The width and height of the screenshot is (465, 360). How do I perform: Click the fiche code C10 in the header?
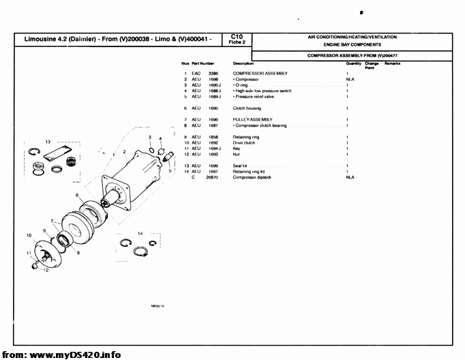pyautogui.click(x=237, y=35)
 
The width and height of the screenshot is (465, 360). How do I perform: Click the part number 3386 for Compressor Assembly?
pyautogui.click(x=213, y=73)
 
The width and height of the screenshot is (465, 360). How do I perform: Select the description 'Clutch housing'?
pyautogui.click(x=248, y=108)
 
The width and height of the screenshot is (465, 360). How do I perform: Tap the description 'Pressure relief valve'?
pyautogui.click(x=254, y=96)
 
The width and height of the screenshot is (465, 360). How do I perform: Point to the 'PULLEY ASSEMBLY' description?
pyautogui.click(x=252, y=120)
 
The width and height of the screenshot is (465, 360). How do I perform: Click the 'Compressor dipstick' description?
pyautogui.click(x=252, y=177)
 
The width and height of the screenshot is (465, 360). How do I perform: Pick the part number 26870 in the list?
pyautogui.click(x=213, y=177)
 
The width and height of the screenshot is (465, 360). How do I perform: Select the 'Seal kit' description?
pyautogui.click(x=240, y=166)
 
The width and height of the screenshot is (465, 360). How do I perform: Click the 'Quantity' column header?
pyautogui.click(x=353, y=63)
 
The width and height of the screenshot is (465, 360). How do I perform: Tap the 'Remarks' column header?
pyautogui.click(x=392, y=63)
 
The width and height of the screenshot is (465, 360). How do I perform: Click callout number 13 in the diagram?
pyautogui.click(x=48, y=141)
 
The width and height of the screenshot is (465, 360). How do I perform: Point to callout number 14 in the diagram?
pyautogui.click(x=140, y=233)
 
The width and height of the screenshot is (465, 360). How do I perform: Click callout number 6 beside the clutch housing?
pyautogui.click(x=78, y=196)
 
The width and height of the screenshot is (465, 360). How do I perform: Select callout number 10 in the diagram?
pyautogui.click(x=29, y=235)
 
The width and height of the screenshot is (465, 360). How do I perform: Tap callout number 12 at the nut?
pyautogui.click(x=45, y=270)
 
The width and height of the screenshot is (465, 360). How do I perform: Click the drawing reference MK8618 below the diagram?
pyautogui.click(x=157, y=306)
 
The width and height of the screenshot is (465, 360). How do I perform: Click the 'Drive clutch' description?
pyautogui.click(x=244, y=142)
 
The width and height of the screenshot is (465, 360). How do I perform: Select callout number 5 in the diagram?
pyautogui.click(x=170, y=171)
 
